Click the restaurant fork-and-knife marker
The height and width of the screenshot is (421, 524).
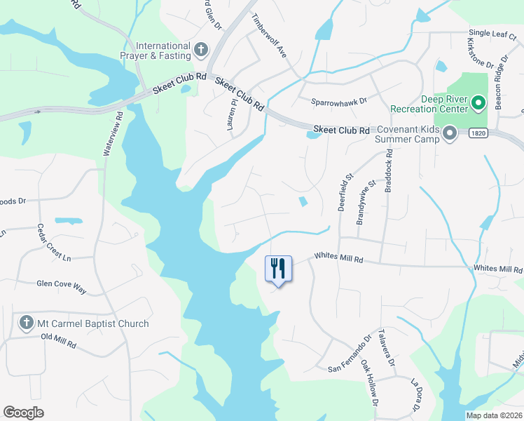click(278, 268)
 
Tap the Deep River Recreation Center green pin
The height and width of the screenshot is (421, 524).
click(479, 105)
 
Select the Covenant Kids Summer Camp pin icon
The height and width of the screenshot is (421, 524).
click(450, 133)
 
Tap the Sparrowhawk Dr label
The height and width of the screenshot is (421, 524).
click(339, 101)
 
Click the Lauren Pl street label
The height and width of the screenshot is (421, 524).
click(232, 112)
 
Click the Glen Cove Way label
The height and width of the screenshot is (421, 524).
click(62, 284)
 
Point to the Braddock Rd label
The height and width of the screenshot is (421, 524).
click(389, 175)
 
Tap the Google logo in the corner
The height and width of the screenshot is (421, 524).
click(23, 412)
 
